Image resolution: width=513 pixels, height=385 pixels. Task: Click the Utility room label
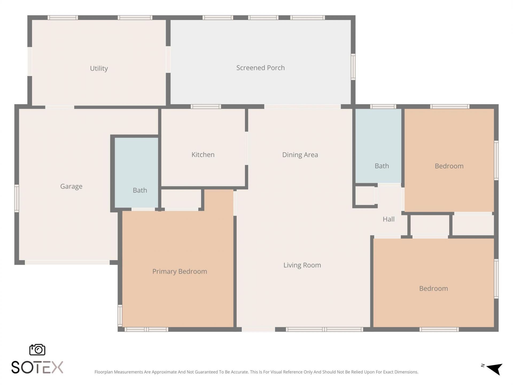click(99, 68)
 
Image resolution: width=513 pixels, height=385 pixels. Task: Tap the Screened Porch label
click(260, 68)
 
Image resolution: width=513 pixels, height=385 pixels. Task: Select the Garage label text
click(71, 186)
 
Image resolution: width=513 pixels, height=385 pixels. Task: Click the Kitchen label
click(203, 155)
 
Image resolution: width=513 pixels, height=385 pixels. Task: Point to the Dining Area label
click(300, 155)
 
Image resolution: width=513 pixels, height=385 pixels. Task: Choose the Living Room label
click(302, 265)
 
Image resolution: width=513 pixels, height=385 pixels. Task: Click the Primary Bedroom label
click(180, 271)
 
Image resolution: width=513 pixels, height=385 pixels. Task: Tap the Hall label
click(388, 219)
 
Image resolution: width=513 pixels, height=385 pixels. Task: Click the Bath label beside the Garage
click(140, 190)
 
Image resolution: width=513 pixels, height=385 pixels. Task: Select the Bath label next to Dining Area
click(382, 166)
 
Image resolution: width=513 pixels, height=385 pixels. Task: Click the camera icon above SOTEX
click(37, 350)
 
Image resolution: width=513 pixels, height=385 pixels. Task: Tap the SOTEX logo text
click(37, 367)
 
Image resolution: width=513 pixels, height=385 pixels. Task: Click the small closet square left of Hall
click(364, 196)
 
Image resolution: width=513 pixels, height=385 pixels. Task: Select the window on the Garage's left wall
click(17, 198)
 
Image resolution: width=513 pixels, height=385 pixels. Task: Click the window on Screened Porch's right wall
click(353, 67)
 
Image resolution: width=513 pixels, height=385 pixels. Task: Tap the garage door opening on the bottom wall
click(67, 263)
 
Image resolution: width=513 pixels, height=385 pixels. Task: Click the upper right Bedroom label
click(449, 166)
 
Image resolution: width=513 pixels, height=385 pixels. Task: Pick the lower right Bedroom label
click(433, 288)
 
